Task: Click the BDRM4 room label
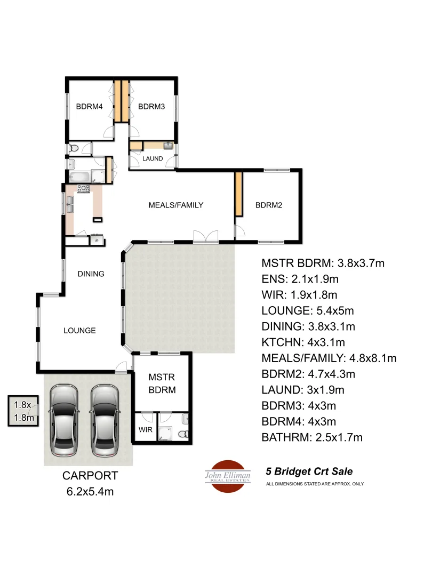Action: (x=89, y=106)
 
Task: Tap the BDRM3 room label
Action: (x=151, y=106)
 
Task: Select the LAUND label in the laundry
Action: (x=152, y=158)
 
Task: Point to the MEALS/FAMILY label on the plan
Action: (x=176, y=205)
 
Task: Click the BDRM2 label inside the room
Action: (x=268, y=205)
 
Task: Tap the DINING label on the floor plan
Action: (x=91, y=274)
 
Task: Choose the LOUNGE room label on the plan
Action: (x=79, y=331)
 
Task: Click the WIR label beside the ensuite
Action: (x=145, y=429)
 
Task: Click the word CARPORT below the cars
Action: (x=90, y=476)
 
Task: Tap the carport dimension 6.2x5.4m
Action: (x=90, y=491)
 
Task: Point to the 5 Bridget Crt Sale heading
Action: (x=309, y=471)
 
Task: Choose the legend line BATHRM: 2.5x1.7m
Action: (x=312, y=438)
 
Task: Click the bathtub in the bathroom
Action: (x=80, y=177)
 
